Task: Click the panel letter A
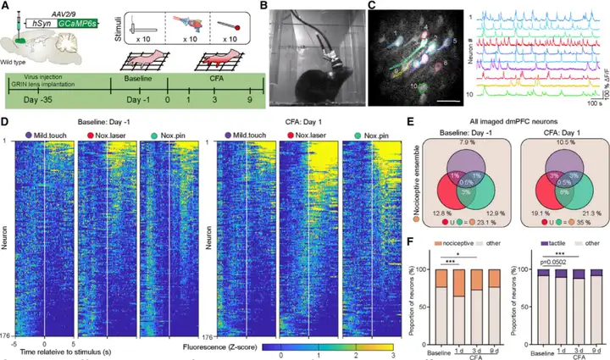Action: click(6, 7)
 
